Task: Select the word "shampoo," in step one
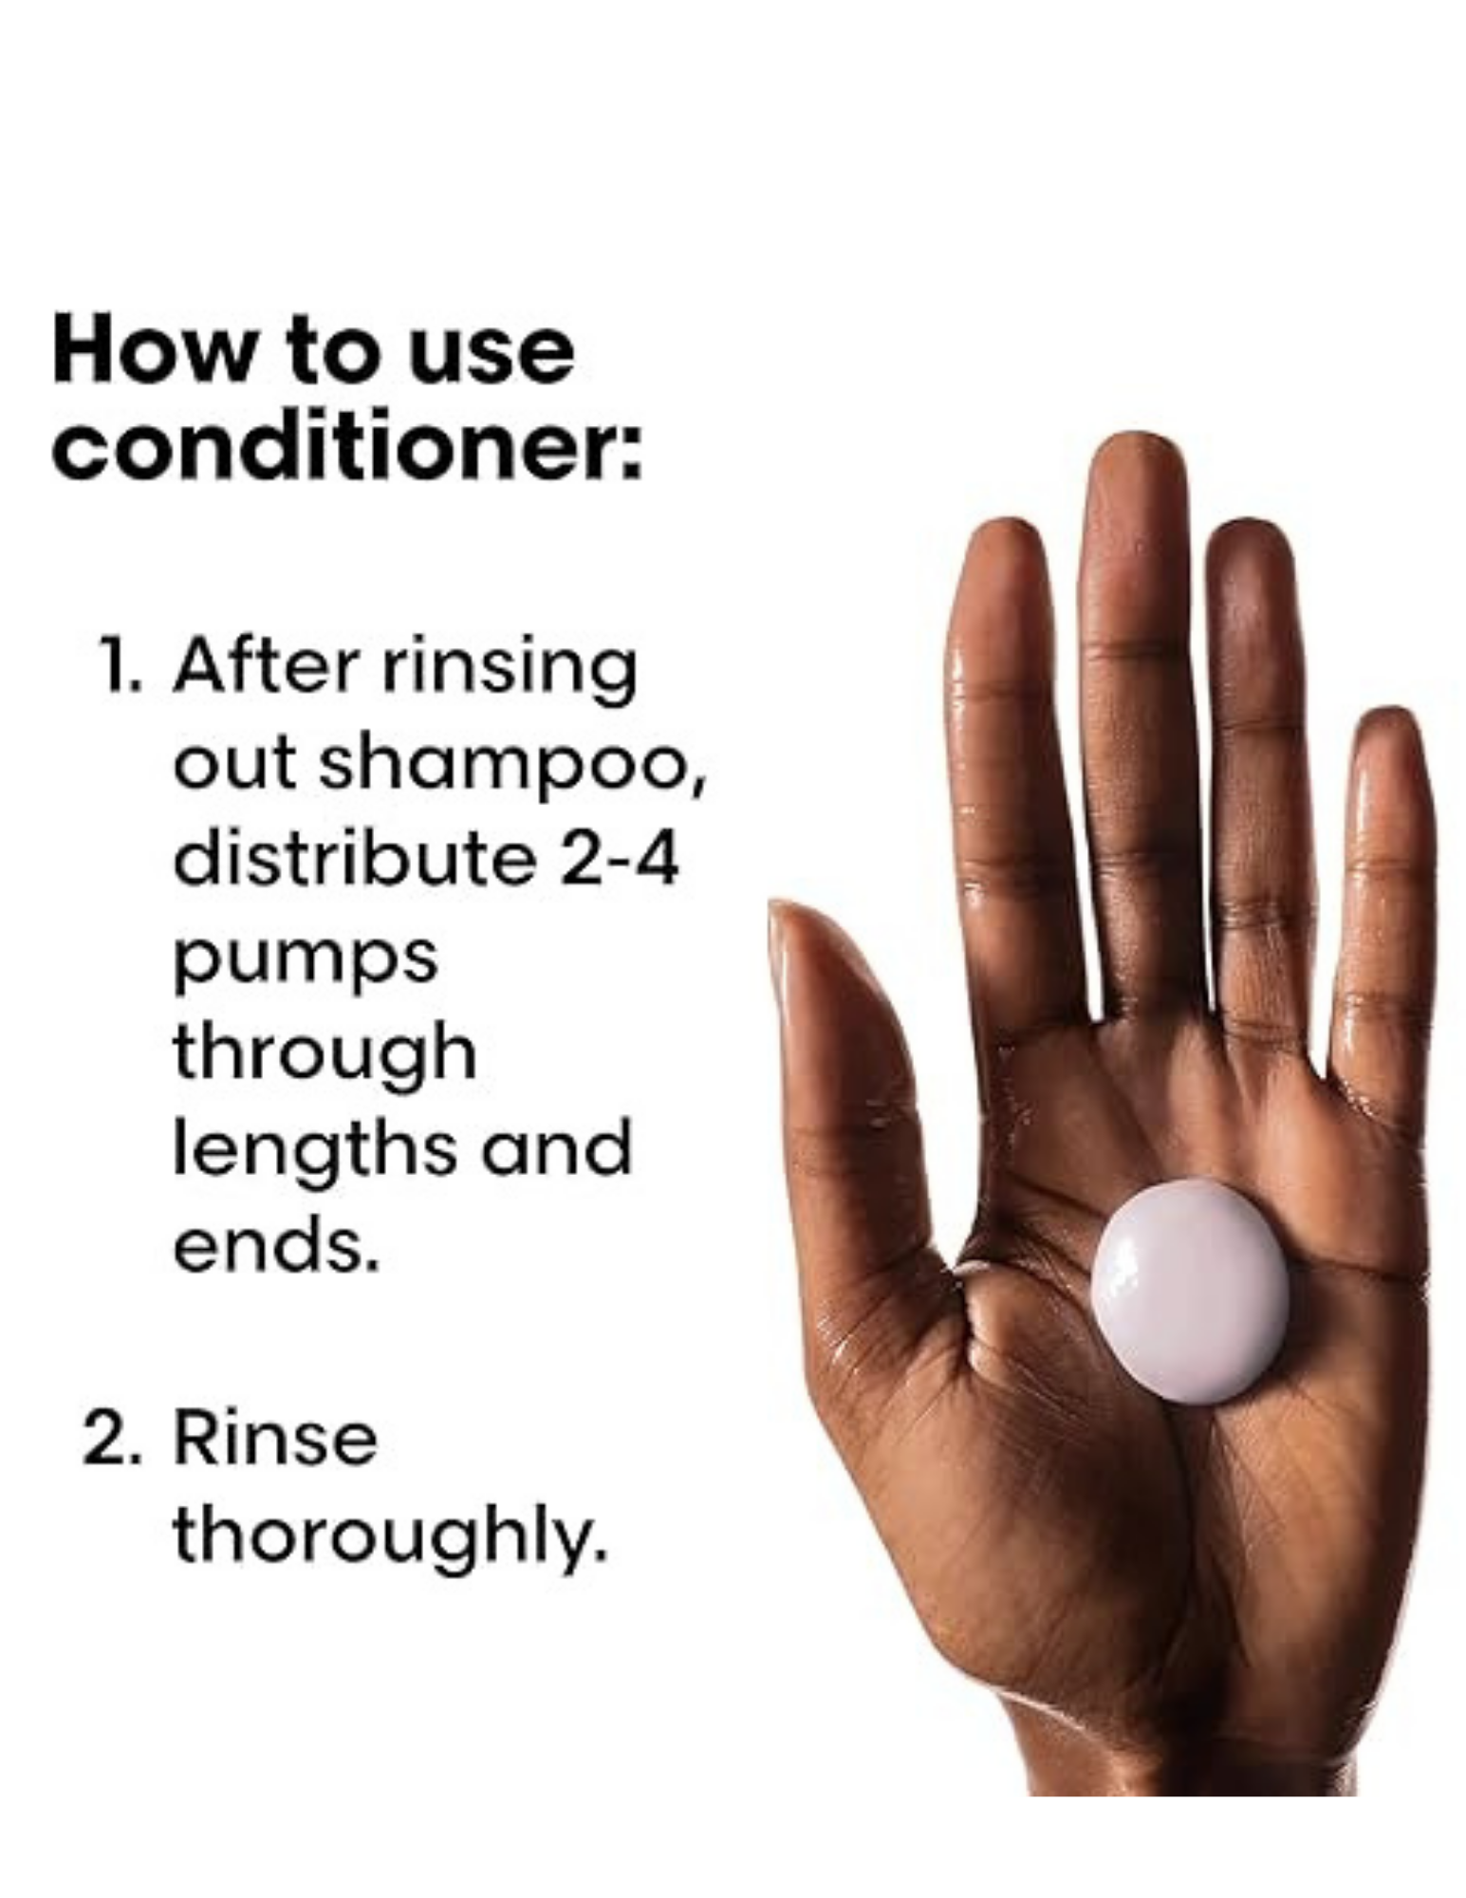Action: [511, 765]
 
